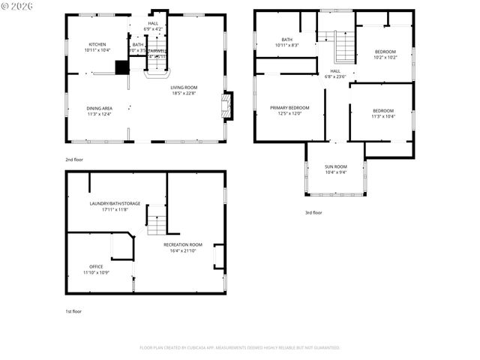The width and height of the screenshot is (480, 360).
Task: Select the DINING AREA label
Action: point(98,109)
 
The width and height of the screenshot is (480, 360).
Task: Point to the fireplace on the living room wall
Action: point(228,106)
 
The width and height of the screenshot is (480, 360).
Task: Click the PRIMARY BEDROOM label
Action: point(289,108)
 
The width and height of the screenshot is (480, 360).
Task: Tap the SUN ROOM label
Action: point(335,166)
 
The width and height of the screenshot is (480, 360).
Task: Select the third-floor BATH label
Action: point(286,40)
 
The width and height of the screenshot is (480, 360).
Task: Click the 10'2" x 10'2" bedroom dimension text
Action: point(385,58)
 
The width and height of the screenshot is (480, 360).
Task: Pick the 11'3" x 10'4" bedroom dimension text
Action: point(382,116)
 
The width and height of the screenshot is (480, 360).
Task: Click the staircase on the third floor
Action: point(343,48)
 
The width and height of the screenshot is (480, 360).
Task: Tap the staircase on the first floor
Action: point(155,223)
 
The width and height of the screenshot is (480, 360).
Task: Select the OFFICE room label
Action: point(96,266)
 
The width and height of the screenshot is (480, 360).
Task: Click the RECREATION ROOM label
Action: point(183,244)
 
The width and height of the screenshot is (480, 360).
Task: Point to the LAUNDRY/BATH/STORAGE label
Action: point(115,203)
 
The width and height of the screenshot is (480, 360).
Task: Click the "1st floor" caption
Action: point(73,310)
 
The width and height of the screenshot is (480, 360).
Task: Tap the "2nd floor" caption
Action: point(73,160)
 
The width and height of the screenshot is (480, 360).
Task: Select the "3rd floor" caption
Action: point(313,213)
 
